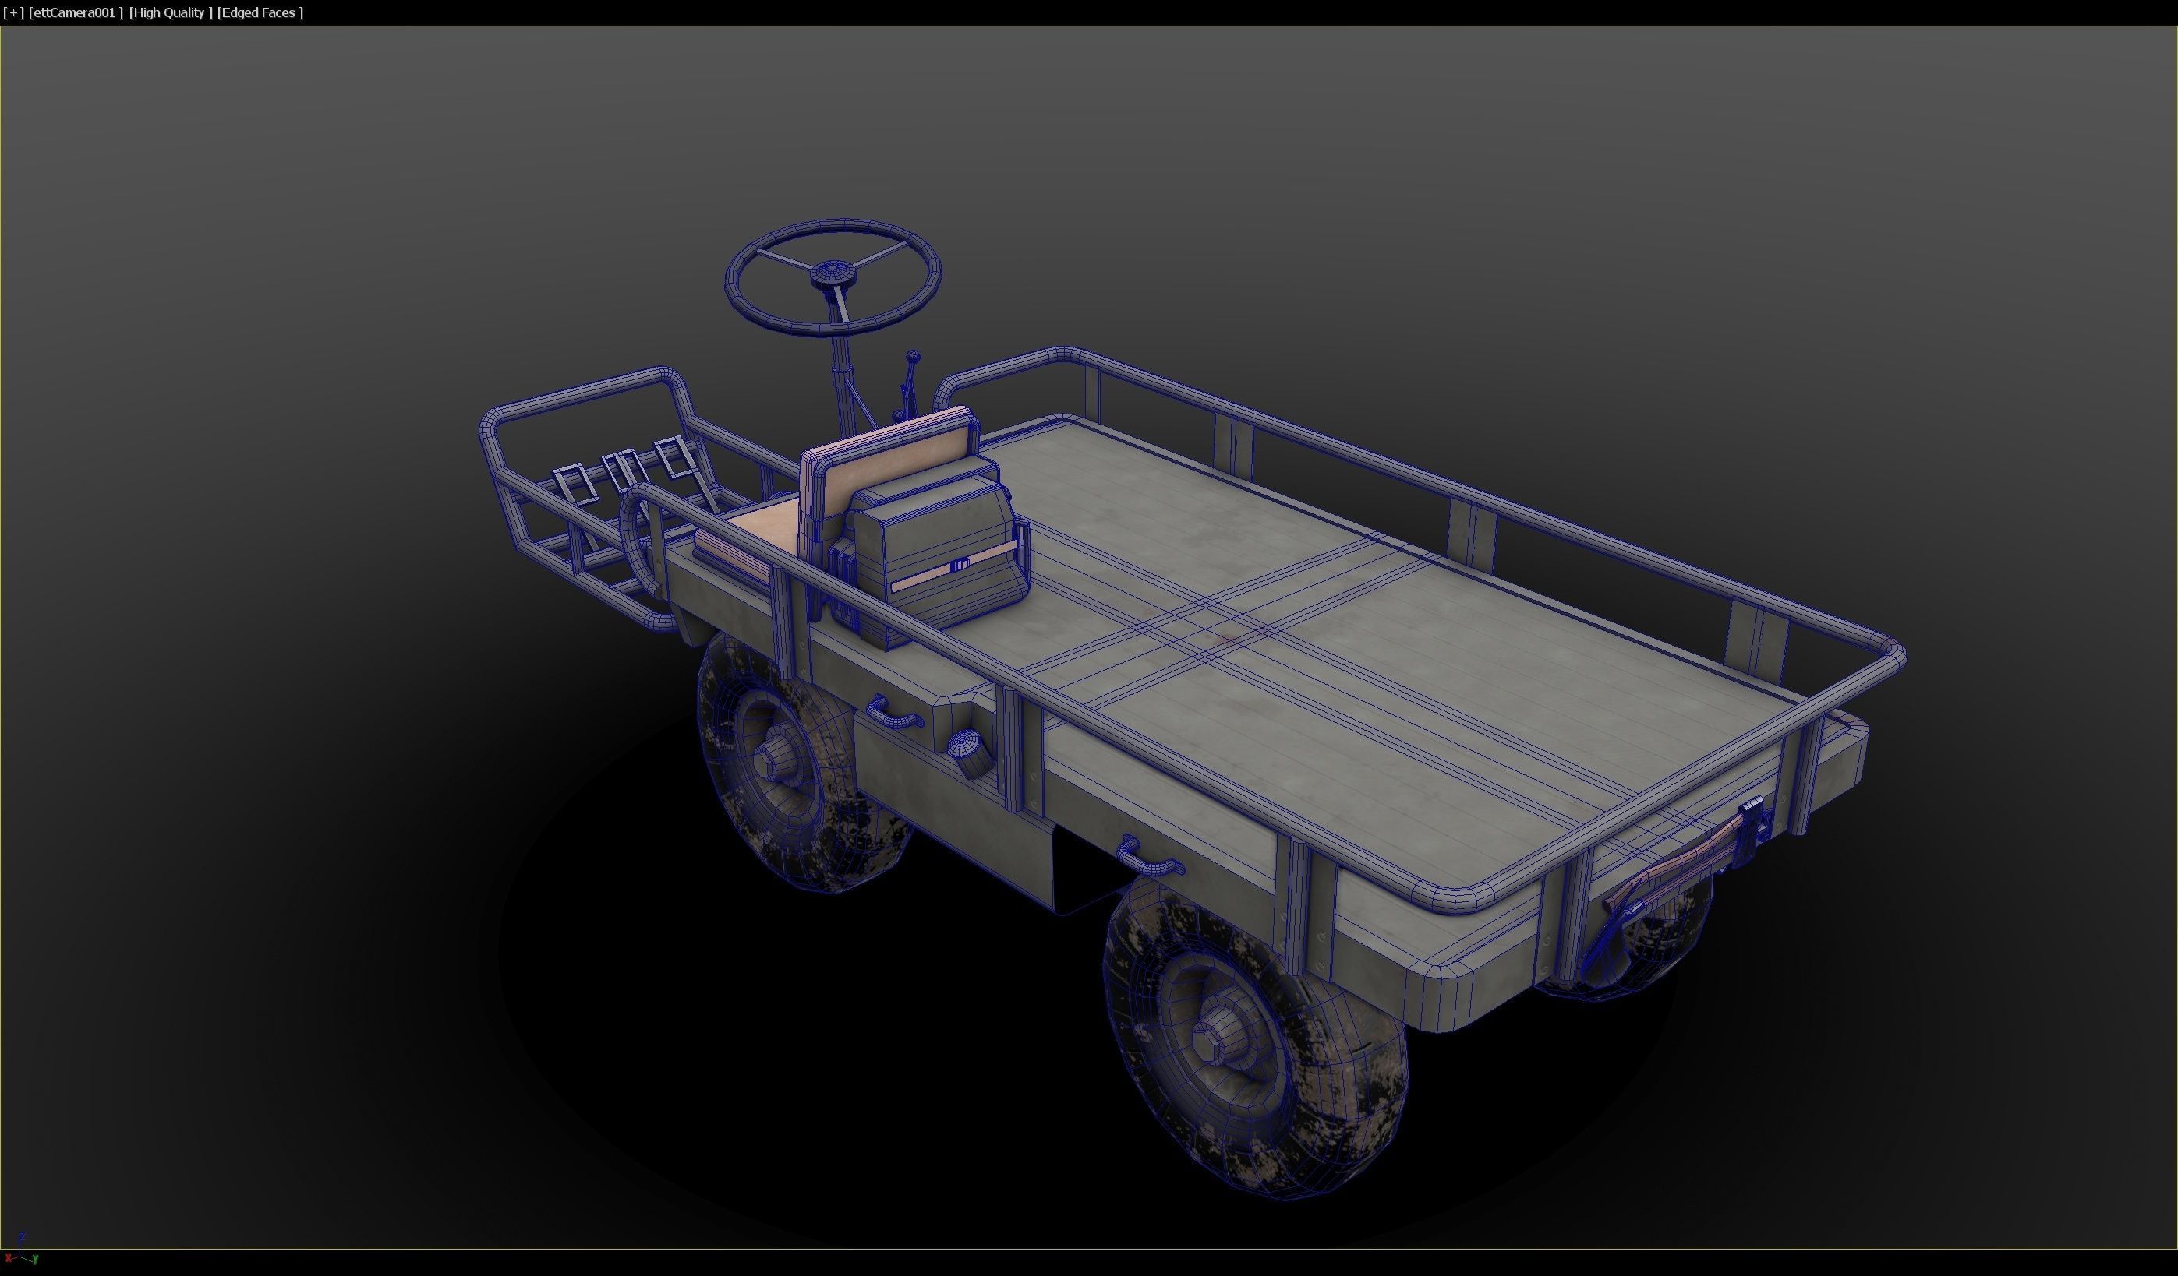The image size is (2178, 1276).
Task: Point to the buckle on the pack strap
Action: [960, 566]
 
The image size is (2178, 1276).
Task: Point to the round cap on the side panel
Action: [964, 744]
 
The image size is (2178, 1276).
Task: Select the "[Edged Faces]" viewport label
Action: [260, 13]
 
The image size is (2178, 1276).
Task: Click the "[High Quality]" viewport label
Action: [170, 13]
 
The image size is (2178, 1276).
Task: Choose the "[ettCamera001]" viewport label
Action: [75, 13]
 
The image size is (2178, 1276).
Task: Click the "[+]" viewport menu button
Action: [14, 13]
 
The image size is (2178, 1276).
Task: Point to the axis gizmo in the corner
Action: [21, 1252]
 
